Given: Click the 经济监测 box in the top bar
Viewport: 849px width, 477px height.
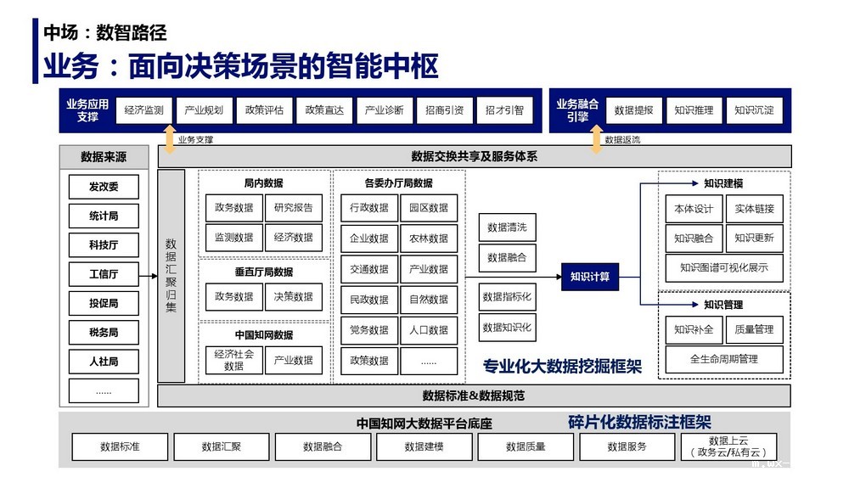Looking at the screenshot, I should [x=143, y=110].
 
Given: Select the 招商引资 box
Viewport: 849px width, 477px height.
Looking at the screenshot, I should [x=444, y=110].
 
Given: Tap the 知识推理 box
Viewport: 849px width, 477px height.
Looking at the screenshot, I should [x=694, y=110].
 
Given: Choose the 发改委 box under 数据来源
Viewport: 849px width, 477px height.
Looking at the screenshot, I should [x=104, y=187].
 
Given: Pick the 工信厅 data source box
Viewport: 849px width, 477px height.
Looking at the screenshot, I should [x=104, y=274].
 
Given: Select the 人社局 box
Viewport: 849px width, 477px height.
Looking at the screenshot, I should [x=104, y=362].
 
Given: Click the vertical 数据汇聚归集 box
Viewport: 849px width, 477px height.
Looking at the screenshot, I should [x=171, y=276].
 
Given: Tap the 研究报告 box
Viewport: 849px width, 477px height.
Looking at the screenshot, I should [x=293, y=208].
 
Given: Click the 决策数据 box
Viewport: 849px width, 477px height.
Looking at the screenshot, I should [x=293, y=297].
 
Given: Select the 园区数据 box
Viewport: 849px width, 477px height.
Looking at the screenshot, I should [x=429, y=208].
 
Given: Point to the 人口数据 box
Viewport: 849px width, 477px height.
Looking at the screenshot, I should [x=429, y=330].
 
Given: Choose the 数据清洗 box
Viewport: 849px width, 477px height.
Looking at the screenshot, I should [x=507, y=227].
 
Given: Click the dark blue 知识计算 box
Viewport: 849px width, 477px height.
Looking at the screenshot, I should [x=589, y=276].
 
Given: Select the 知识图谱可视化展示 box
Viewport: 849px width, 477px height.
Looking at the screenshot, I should [x=724, y=267].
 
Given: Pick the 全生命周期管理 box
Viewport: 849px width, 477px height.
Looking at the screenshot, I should [x=724, y=359].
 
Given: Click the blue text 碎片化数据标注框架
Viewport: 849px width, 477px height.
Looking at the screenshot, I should [x=639, y=422].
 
